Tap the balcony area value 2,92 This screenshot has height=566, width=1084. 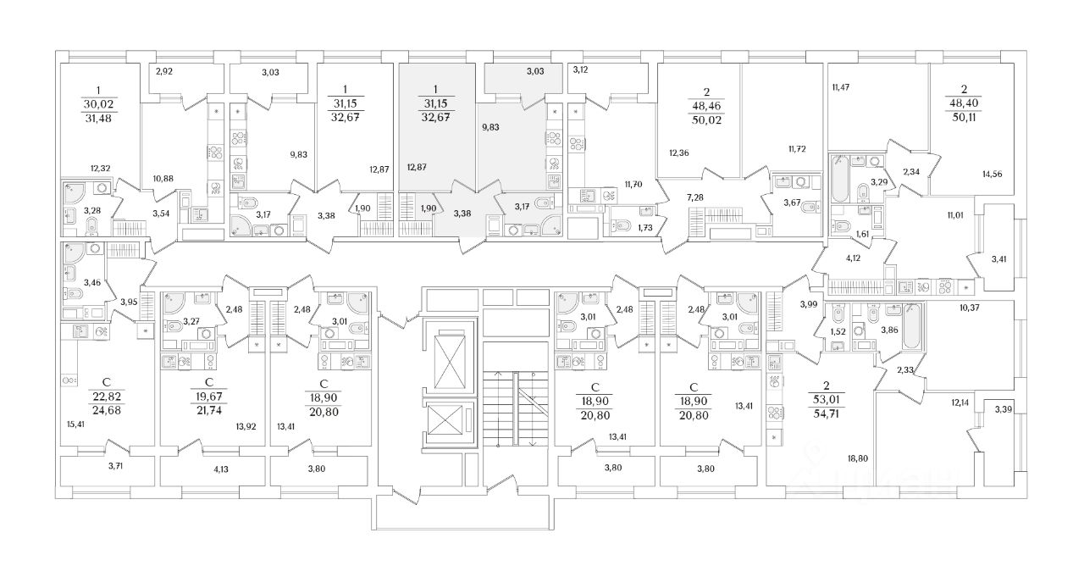164,73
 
